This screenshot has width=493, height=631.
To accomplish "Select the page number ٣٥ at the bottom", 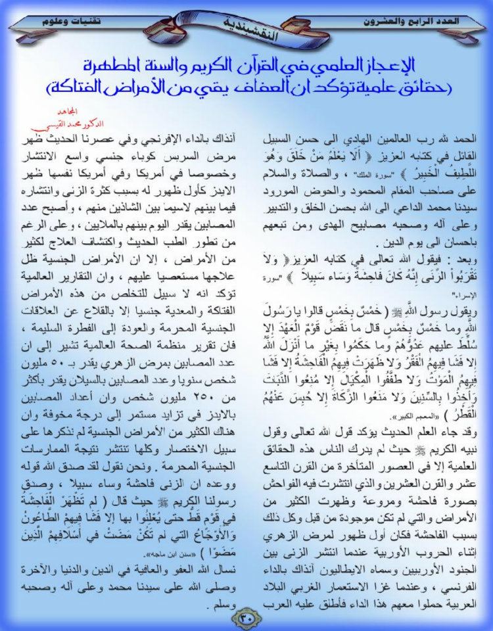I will pos(246,617).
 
